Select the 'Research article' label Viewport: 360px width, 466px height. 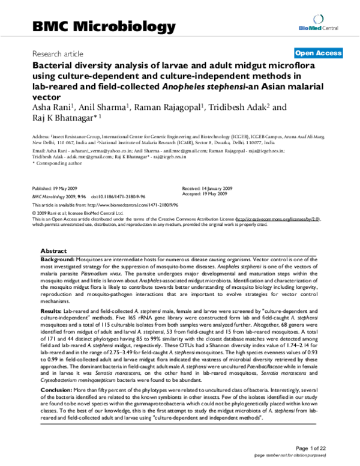pos(58,53)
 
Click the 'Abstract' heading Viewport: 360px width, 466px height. pos(53,250)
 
